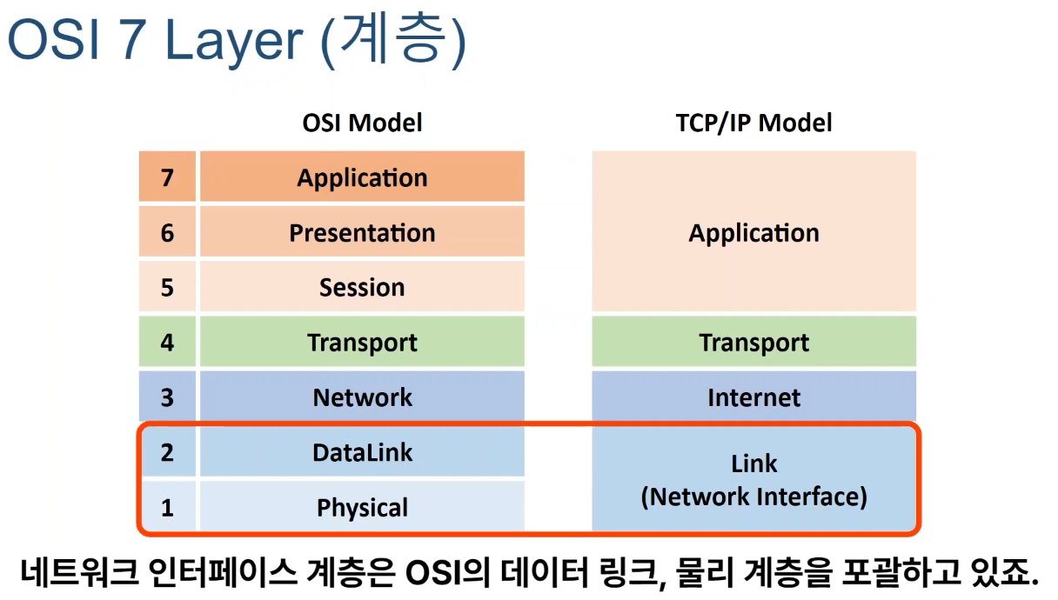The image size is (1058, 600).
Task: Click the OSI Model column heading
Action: [362, 123]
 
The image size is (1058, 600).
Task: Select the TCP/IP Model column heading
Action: [753, 123]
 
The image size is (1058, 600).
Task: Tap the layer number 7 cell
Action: [167, 178]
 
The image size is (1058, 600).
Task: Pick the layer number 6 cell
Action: [167, 233]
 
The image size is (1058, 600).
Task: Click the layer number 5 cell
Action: [167, 288]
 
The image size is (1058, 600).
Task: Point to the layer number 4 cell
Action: [167, 343]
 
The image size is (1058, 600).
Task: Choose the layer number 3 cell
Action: [167, 397]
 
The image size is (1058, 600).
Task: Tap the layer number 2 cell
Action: [167, 452]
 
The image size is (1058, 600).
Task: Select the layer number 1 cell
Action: [167, 507]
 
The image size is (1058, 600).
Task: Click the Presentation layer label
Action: [362, 233]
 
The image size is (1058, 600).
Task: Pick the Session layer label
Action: [362, 288]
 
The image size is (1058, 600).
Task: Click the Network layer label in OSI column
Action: [362, 397]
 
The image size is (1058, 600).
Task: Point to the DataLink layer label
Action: [362, 452]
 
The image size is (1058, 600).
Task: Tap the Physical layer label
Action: [362, 507]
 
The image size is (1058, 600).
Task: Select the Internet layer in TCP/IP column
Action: [753, 397]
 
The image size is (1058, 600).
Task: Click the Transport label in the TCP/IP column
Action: [753, 343]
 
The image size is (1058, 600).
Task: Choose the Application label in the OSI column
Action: [362, 178]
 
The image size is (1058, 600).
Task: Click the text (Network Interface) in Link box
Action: [753, 497]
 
